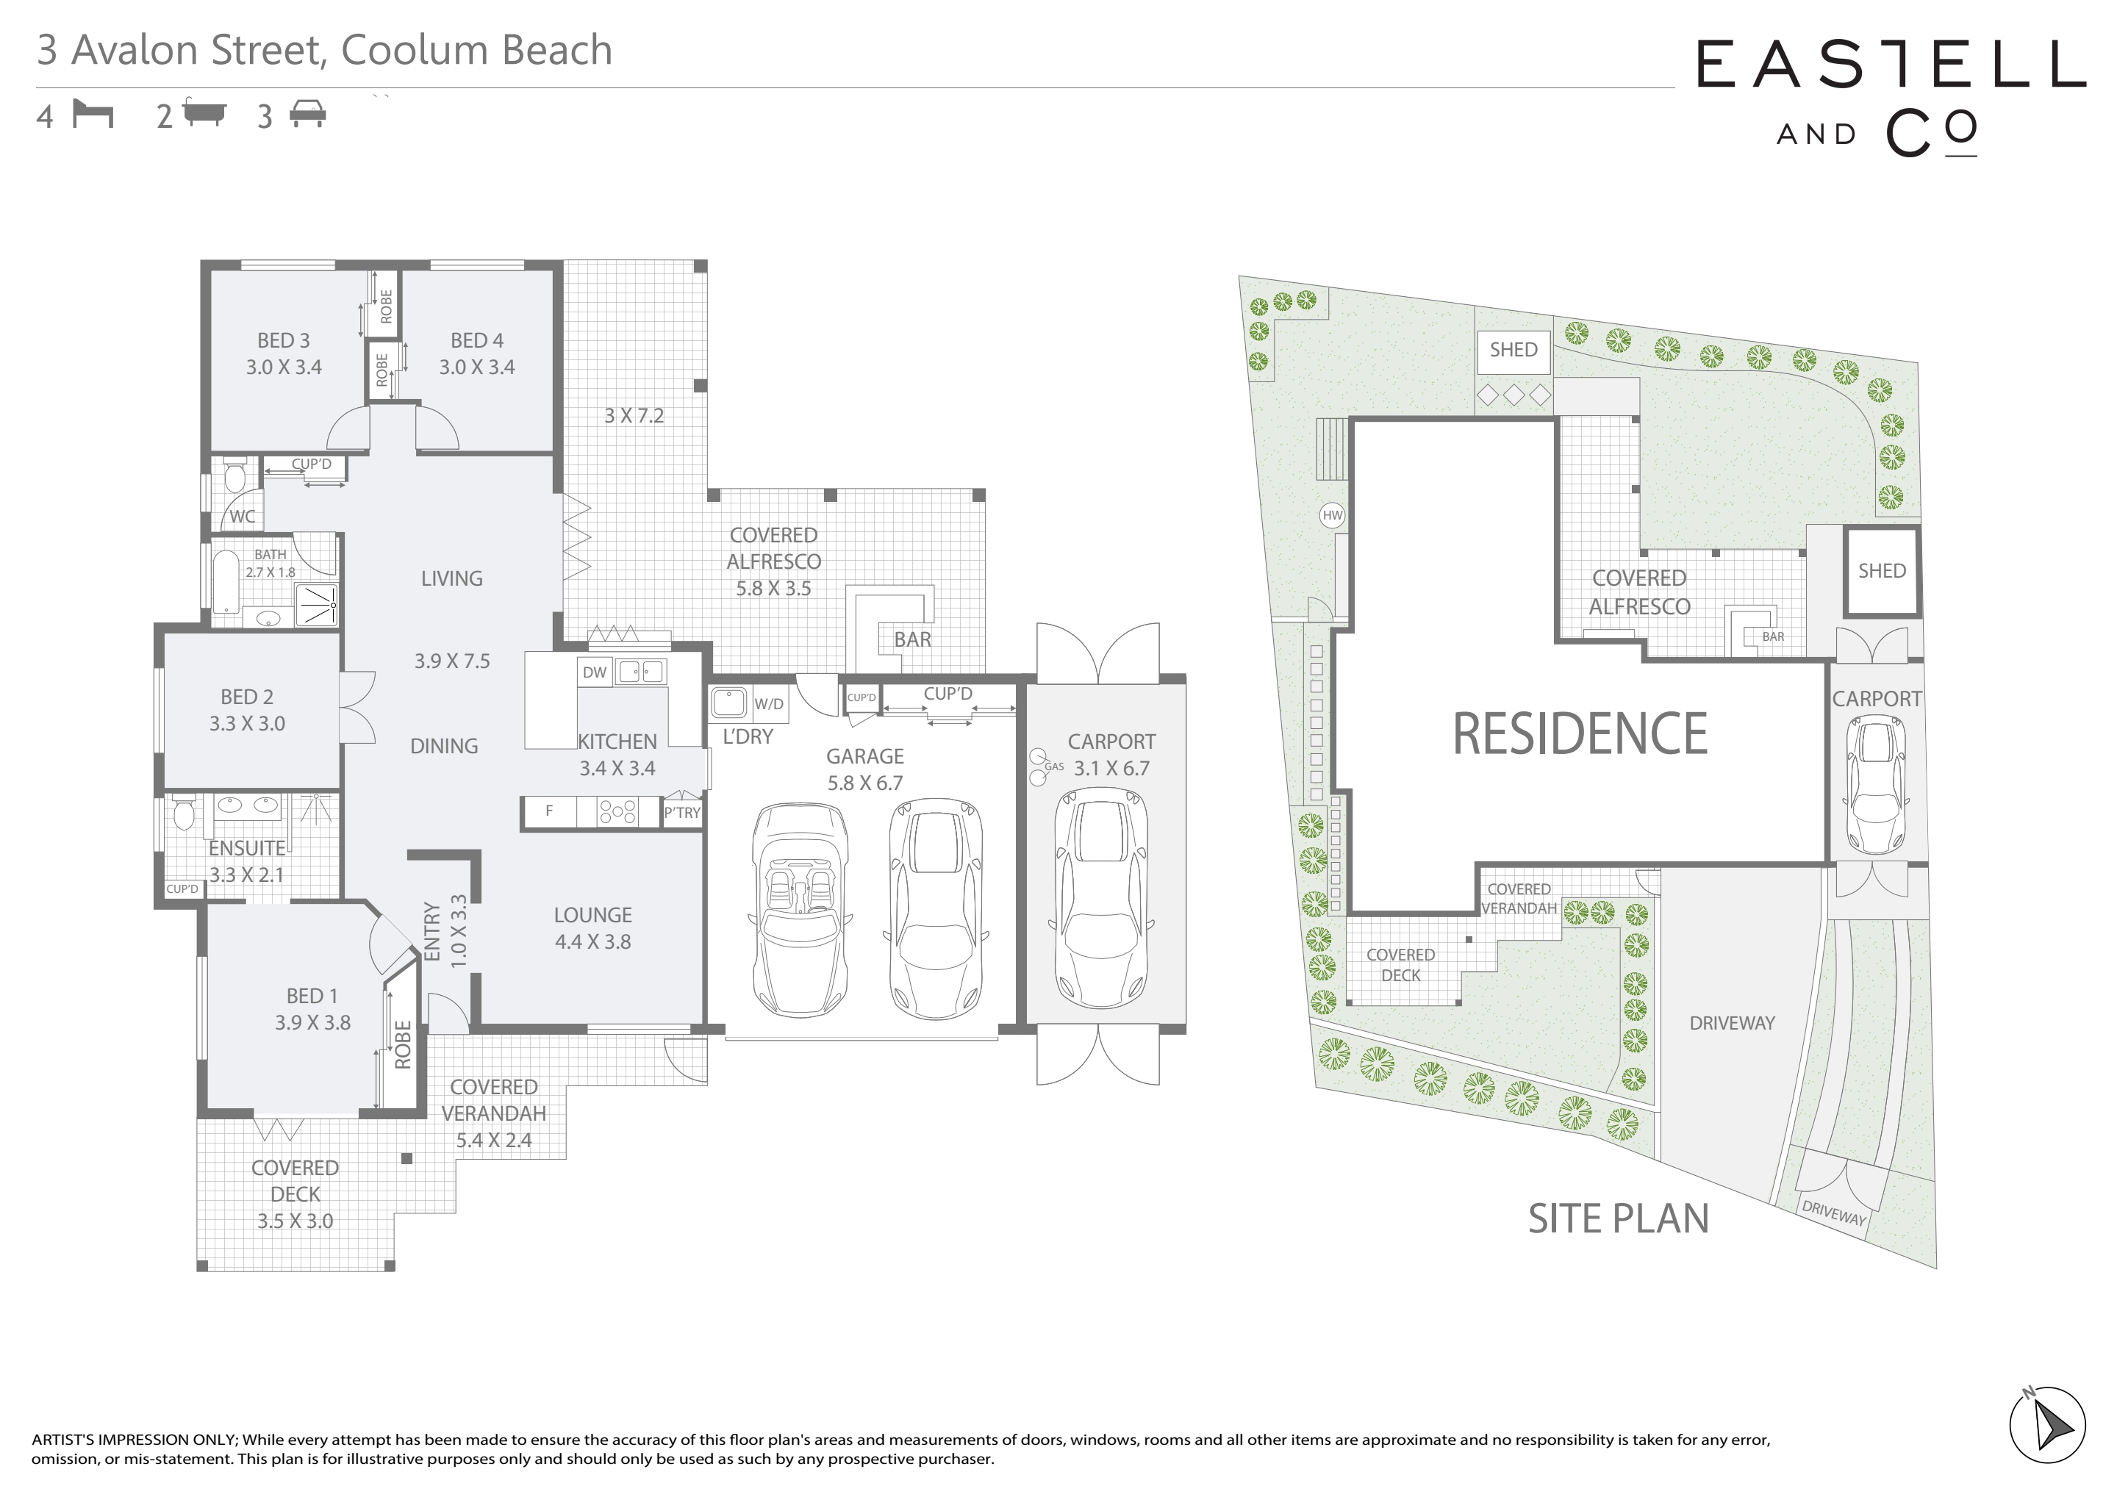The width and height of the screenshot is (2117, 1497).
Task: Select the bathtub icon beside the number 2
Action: tap(204, 112)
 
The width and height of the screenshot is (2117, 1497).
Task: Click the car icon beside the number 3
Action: tap(307, 115)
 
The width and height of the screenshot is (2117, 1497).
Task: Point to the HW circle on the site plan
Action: tap(1333, 515)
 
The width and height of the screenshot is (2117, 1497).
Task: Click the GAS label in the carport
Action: tap(1054, 767)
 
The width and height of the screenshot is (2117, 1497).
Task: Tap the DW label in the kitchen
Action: tap(595, 672)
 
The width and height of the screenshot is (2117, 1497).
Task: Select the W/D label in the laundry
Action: tap(769, 704)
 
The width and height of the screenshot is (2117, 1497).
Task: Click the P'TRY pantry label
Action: tap(682, 812)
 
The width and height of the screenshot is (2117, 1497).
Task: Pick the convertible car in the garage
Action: tap(800, 911)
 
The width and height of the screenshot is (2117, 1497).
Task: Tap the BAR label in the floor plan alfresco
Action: tap(912, 639)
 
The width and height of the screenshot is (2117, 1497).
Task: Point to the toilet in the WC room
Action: tap(234, 476)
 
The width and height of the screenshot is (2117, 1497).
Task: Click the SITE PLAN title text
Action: tap(1618, 1218)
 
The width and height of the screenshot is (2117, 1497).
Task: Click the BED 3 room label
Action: tap(283, 340)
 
